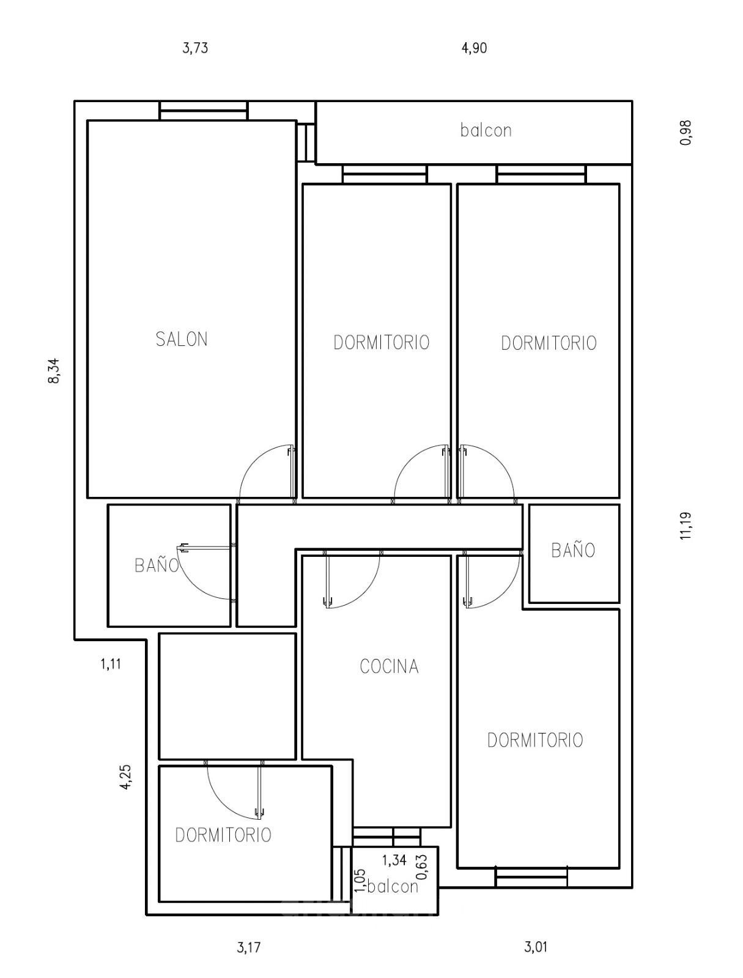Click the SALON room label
(182, 339)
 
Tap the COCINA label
(389, 666)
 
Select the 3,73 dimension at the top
(195, 48)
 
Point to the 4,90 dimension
(474, 48)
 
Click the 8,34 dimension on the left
(54, 370)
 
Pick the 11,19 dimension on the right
(686, 526)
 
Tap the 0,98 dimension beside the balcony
(686, 132)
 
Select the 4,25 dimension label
(127, 778)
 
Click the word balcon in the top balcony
(486, 130)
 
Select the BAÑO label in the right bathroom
(573, 550)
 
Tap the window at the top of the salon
(203, 111)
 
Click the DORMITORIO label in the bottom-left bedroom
(223, 835)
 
